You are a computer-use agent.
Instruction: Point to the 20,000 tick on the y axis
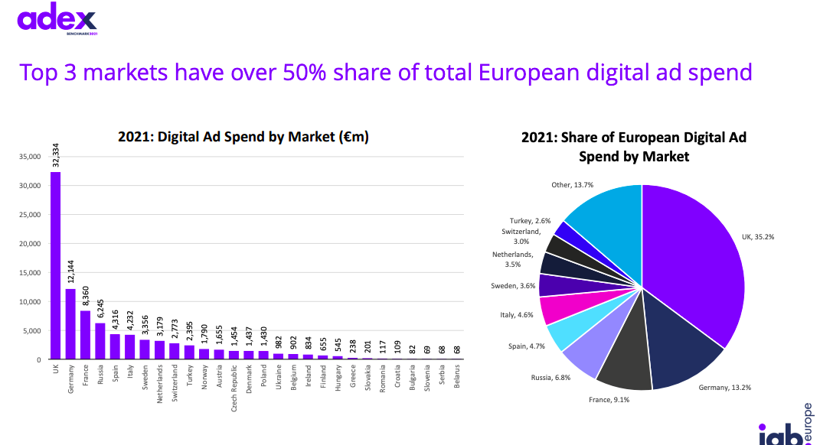[31, 244]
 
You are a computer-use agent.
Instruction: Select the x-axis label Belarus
[456, 375]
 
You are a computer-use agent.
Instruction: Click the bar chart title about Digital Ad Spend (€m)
[243, 137]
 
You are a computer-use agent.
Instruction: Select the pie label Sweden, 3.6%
[513, 286]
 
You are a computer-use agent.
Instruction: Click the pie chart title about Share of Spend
[633, 147]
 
